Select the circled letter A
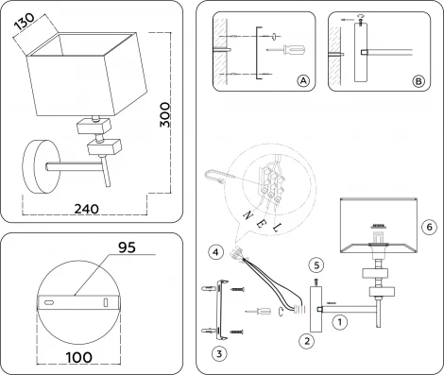coord(302,82)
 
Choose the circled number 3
coord(218,354)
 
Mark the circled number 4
coord(216,251)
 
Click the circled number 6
coord(428,227)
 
